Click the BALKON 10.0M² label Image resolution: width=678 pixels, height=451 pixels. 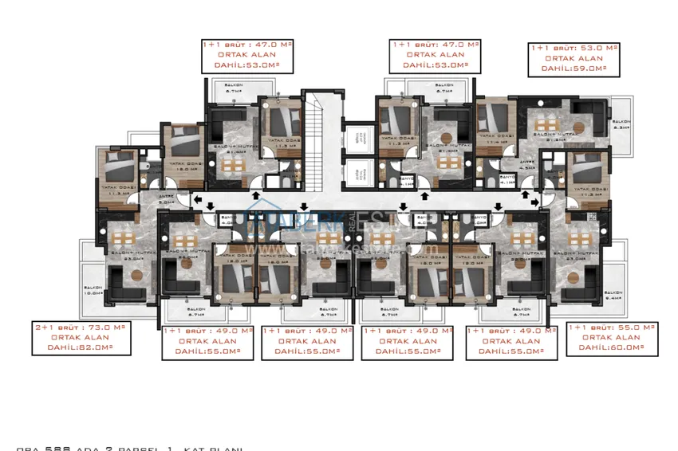click(93, 292)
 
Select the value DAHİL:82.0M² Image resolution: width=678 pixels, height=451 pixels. click(80, 347)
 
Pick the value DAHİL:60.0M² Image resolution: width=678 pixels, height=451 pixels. click(612, 347)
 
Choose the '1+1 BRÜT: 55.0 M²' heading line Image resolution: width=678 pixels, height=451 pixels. click(612, 327)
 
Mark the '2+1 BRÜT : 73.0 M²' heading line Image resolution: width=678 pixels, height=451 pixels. click(80, 327)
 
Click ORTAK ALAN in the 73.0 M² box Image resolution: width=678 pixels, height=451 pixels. click(80, 337)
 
